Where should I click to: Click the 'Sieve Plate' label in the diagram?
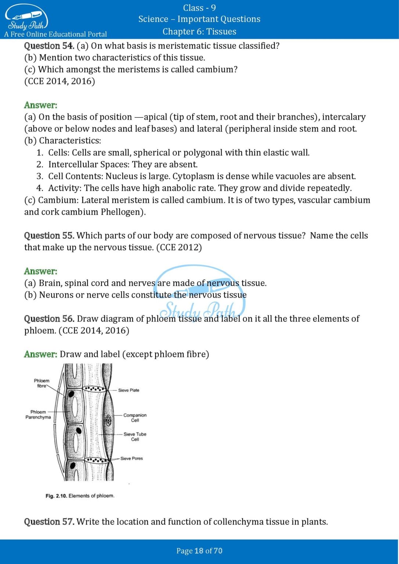pyautogui.click(x=129, y=390)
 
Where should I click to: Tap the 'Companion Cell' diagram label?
pyautogui.click(x=135, y=418)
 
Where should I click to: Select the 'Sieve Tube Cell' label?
pyautogui.click(x=135, y=437)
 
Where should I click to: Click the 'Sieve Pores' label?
pyautogui.click(x=132, y=459)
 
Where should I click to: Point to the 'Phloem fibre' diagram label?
pyautogui.click(x=42, y=383)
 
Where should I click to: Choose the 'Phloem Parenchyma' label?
pyautogui.click(x=38, y=415)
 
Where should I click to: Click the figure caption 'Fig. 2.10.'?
pyautogui.click(x=56, y=496)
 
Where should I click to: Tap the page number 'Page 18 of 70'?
pyautogui.click(x=199, y=551)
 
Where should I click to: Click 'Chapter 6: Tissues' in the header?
pyautogui.click(x=199, y=32)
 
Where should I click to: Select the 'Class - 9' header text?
pyautogui.click(x=199, y=8)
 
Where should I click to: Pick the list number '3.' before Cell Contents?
pyautogui.click(x=40, y=177)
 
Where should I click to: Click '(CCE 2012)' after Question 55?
pyautogui.click(x=179, y=247)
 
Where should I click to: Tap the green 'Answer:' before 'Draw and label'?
pyautogui.click(x=40, y=354)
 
